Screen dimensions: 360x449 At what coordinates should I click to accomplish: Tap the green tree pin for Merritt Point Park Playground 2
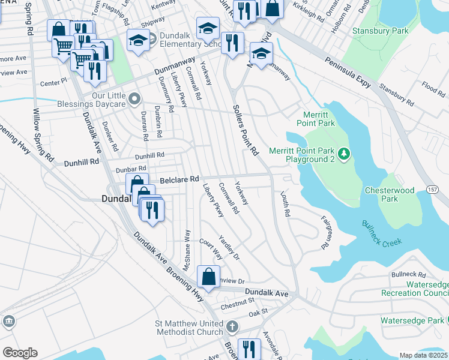tap(344, 155)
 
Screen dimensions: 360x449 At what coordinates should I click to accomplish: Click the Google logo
tap(20, 352)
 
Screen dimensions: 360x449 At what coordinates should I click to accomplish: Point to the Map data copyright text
tap(423, 355)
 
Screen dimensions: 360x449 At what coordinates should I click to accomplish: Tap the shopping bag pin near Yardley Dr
tap(208, 277)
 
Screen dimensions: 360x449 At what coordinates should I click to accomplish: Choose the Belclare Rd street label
tap(179, 179)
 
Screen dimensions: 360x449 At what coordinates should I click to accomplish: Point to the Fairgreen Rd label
tap(327, 233)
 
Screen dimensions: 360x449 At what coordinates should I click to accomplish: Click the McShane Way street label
tap(187, 250)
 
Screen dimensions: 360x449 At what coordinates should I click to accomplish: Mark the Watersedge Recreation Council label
tap(415, 288)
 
